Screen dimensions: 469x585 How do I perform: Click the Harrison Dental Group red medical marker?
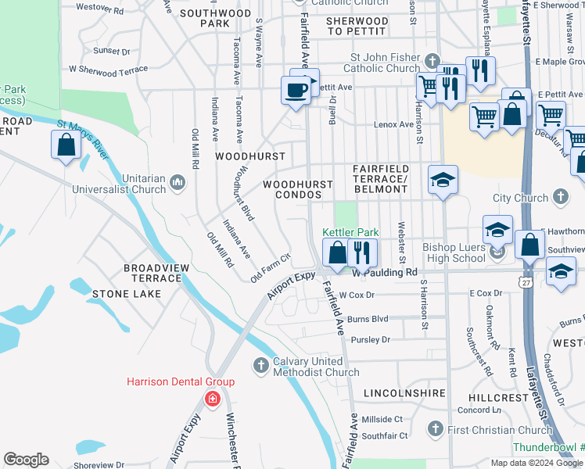coord(212,399)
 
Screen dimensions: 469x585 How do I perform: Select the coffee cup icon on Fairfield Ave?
coord(295,91)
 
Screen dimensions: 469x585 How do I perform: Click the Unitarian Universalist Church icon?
coord(178,183)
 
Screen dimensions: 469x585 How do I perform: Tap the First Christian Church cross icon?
coord(436,429)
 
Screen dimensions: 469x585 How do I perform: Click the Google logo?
coord(26,460)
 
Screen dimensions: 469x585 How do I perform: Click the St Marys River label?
coord(81,139)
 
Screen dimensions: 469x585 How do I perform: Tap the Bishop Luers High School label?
coord(454,252)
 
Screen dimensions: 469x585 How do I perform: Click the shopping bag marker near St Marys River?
coord(66,145)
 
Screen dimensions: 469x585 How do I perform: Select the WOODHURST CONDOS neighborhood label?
coord(297,189)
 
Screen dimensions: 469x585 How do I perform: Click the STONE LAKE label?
coord(127,294)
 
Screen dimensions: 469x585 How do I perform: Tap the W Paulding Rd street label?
coord(384,273)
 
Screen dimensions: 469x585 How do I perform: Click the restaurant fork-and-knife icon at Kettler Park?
coord(362,252)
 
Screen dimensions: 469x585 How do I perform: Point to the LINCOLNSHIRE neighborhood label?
coord(404,392)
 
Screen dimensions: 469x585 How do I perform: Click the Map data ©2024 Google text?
coord(536,463)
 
